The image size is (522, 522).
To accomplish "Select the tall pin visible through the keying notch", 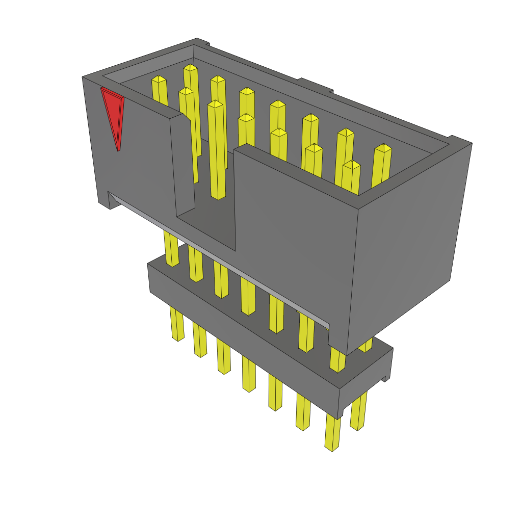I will coord(216,153).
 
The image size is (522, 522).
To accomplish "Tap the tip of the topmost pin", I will coord(190,68).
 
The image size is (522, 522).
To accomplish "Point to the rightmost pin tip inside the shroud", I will coord(383,148).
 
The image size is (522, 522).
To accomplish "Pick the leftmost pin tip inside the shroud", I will coord(159,80).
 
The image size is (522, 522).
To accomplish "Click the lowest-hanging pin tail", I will coord(332,433).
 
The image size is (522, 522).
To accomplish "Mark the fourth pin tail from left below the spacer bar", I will coord(249,374).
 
